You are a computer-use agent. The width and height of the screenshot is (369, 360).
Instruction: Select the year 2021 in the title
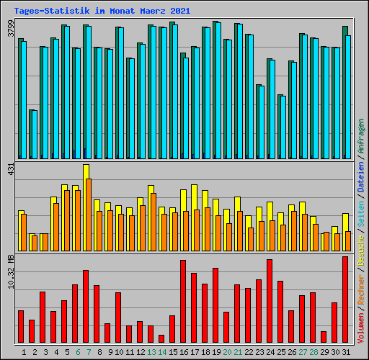[x=180, y=11]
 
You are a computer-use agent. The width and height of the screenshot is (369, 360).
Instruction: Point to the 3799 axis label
[x=11, y=28]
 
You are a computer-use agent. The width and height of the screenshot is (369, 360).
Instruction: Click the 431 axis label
[x=11, y=169]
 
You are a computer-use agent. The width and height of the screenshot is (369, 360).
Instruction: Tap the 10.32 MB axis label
[x=11, y=271]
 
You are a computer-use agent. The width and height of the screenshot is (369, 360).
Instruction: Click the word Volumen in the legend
[x=360, y=328]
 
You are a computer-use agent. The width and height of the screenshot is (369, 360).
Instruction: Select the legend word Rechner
[x=360, y=289]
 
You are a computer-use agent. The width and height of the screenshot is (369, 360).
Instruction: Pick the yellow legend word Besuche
[x=360, y=251]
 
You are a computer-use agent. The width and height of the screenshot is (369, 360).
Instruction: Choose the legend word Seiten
[x=360, y=214]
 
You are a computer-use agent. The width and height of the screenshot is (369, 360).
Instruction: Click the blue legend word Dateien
[x=360, y=176]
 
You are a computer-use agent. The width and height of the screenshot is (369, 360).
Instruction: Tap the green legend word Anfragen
[x=360, y=136]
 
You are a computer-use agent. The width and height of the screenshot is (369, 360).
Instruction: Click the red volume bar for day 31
[x=345, y=300]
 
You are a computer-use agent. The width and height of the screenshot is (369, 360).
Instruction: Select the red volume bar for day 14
[x=161, y=338]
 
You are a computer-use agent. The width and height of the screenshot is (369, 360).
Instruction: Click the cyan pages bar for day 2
[x=35, y=135]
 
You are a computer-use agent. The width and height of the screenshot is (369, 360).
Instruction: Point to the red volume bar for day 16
[x=183, y=301]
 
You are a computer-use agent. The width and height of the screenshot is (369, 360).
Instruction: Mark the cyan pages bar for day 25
[x=283, y=127]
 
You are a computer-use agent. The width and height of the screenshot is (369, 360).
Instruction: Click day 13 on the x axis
[x=151, y=352]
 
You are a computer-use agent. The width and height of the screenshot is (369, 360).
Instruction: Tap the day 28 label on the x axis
[x=314, y=352]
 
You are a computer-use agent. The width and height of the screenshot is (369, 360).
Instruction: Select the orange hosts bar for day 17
[x=197, y=230]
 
